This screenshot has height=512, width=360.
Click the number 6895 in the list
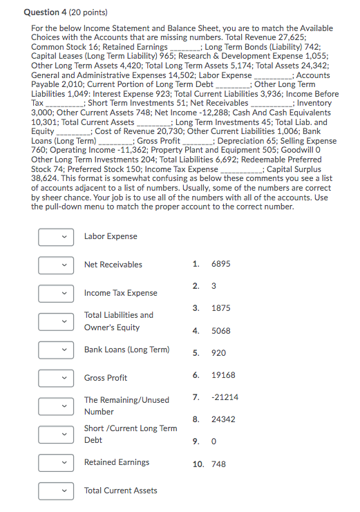pyautogui.click(x=220, y=264)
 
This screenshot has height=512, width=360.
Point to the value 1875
pyautogui.click(x=220, y=308)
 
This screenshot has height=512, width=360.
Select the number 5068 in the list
pyautogui.click(x=220, y=331)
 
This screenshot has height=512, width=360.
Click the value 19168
pyautogui.click(x=222, y=375)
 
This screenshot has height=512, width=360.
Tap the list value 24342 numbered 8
pyautogui.click(x=222, y=419)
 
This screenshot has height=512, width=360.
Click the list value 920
pyautogui.click(x=218, y=353)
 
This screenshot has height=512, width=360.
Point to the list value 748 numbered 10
pyautogui.click(x=218, y=464)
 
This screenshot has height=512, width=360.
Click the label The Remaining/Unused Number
pyautogui.click(x=126, y=406)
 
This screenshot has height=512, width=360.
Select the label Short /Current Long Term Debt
pyautogui.click(x=131, y=434)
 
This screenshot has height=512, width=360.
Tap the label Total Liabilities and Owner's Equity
pyautogui.click(x=119, y=321)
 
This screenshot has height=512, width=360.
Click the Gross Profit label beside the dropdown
pyautogui.click(x=106, y=378)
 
